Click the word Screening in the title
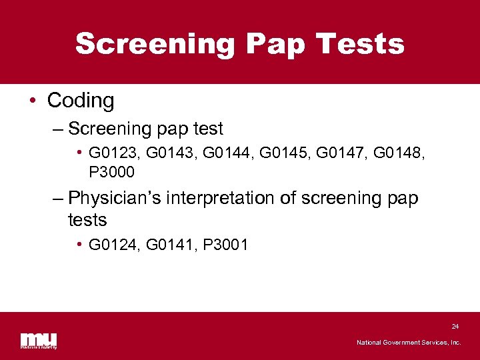(155, 44)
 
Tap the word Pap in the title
(273, 44)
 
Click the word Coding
(81, 101)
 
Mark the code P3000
(111, 173)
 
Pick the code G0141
(167, 245)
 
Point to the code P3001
(225, 245)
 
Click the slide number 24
(455, 327)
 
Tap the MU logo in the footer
(39, 340)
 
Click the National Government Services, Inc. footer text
(409, 343)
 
